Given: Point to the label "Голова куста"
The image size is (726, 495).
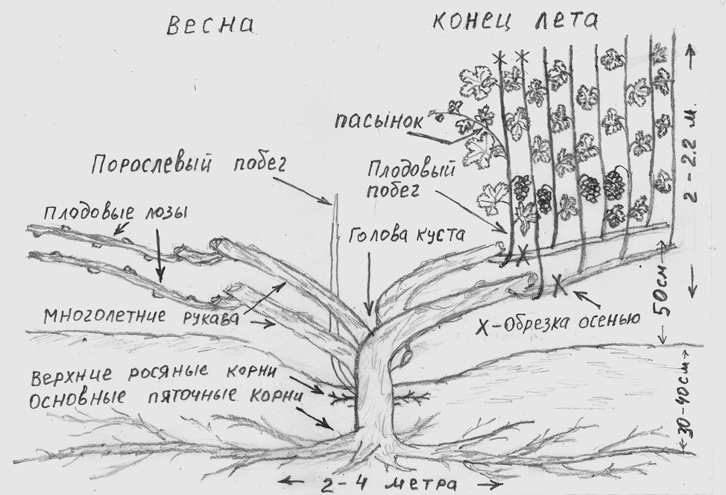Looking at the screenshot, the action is (x=407, y=234).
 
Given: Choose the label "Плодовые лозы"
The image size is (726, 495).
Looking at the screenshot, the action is (x=116, y=215).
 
